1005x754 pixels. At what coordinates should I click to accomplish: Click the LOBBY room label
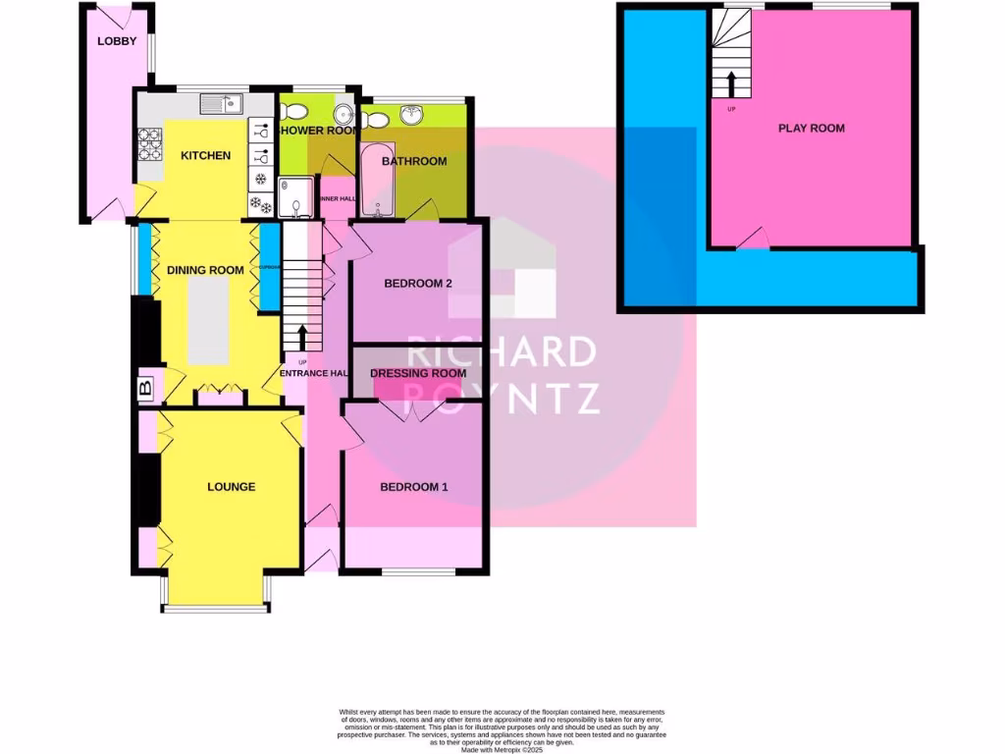[x=117, y=41]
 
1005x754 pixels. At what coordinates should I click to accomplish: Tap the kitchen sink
[x=221, y=103]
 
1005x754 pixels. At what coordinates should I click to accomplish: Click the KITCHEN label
[x=206, y=155]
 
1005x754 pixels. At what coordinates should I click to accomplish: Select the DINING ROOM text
[x=205, y=271]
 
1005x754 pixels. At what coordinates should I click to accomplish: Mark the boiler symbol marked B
[x=146, y=389]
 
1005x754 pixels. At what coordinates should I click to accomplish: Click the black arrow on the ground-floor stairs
[x=301, y=338]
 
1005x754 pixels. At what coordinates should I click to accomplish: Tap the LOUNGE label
[x=231, y=487]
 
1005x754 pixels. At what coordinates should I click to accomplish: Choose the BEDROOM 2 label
[x=417, y=285]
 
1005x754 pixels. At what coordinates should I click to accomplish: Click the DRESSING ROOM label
[x=418, y=374]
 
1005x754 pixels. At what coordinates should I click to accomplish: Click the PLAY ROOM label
[x=812, y=129]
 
